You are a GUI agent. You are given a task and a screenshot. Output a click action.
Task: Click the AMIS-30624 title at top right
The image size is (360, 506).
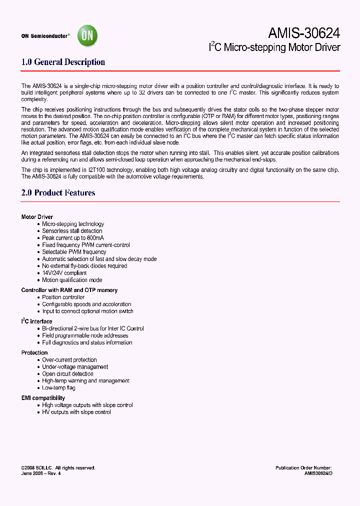[x=304, y=33]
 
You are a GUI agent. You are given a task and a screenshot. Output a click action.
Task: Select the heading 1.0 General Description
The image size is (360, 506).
[x=63, y=62]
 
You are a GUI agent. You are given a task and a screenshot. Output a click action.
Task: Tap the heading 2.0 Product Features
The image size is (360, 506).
[x=58, y=192]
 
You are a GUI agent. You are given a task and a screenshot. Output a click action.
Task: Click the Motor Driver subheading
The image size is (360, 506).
[x=37, y=217]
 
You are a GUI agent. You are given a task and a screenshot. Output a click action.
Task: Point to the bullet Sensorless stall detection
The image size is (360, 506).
[x=72, y=231]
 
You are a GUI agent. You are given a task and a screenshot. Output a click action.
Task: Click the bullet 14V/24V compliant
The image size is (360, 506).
[x=64, y=273]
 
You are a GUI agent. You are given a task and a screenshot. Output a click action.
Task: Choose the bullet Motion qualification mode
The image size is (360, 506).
[x=72, y=280]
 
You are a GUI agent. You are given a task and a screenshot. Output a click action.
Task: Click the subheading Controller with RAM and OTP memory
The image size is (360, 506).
[x=69, y=290]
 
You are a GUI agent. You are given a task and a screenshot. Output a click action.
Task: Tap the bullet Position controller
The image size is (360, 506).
[x=63, y=297]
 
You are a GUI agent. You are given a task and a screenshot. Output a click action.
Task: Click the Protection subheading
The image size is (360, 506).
[x=34, y=352]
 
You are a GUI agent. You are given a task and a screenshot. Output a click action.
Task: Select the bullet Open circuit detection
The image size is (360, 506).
[x=67, y=374]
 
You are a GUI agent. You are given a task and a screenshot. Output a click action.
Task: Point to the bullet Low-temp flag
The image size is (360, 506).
[x=58, y=388]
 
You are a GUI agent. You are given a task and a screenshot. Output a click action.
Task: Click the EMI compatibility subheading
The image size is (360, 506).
[x=43, y=398]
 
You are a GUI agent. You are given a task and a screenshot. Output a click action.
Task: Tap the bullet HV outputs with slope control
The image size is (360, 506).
[x=76, y=412]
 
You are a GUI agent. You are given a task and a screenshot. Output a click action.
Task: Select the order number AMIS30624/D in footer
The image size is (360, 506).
[x=318, y=473]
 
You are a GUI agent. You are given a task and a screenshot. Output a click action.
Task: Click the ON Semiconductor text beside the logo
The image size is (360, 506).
[x=45, y=36]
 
